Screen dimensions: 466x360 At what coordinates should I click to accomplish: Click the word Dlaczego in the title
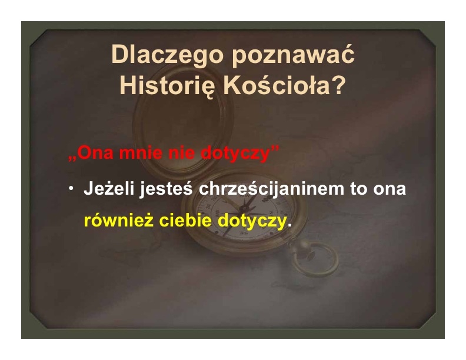tap(167, 55)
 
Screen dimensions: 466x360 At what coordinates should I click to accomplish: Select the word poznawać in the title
tap(294, 55)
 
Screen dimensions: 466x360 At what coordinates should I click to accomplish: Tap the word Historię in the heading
tap(167, 86)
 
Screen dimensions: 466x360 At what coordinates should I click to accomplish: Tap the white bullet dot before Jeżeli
tap(71, 188)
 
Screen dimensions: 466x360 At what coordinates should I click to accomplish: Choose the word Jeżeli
tap(109, 188)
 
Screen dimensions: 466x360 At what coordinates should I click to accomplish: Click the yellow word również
tap(119, 221)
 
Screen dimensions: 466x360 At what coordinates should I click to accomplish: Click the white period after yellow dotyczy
tap(289, 225)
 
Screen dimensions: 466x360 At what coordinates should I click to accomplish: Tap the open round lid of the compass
tap(183, 124)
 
